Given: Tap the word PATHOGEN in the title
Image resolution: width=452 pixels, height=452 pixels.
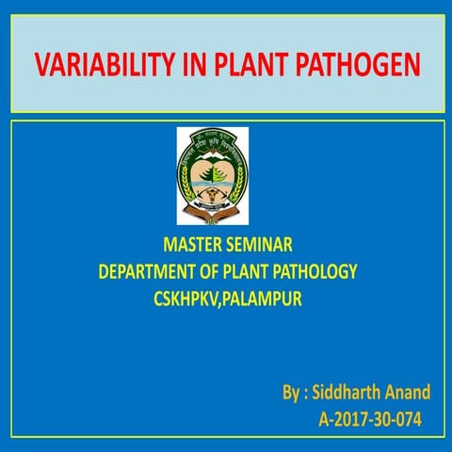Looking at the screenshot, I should (363, 68).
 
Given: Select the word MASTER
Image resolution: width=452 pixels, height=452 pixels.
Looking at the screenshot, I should (192, 247).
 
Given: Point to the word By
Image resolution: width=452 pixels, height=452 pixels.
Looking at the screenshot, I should (291, 390).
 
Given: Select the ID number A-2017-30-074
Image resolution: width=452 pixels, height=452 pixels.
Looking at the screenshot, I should (371, 417).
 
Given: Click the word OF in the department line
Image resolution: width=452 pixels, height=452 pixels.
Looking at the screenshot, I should (215, 273).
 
